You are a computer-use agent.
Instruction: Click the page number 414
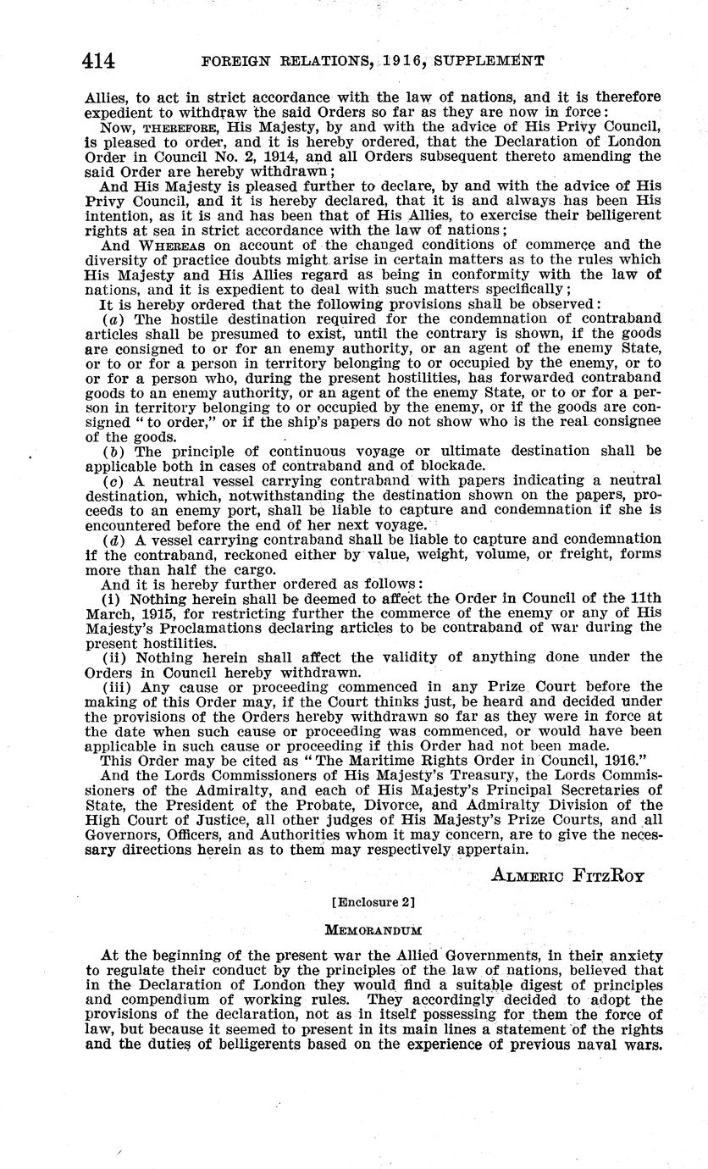[x=99, y=60]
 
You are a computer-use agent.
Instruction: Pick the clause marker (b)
[x=111, y=451]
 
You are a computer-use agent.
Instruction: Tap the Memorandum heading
[x=354, y=928]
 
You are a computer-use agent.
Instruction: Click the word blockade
[x=461, y=464]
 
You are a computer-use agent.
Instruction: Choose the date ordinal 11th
[x=644, y=599]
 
